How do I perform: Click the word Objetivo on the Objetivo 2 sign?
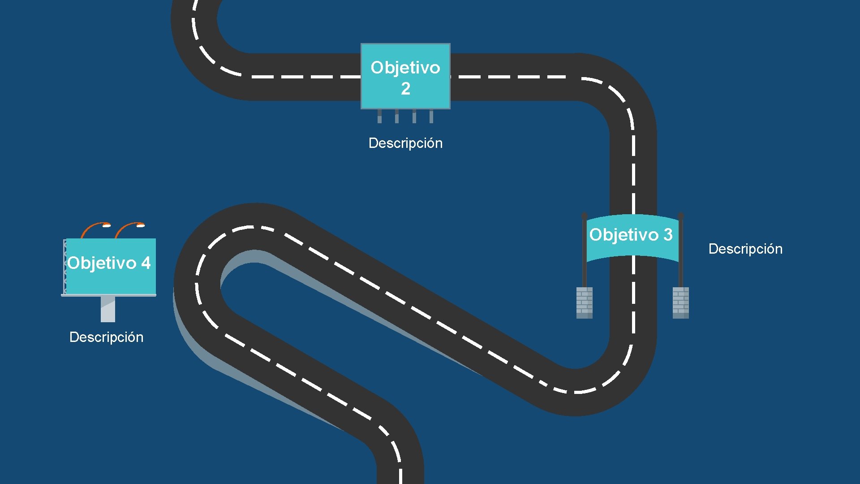coord(405,68)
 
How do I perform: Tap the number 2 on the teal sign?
coord(405,89)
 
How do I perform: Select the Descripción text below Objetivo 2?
coord(405,143)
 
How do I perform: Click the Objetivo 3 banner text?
coord(631,235)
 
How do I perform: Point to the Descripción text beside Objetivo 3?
coord(745,249)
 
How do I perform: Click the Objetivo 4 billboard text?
coord(109,263)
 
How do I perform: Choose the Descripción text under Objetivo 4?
coord(107,337)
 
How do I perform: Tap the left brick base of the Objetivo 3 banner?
coord(584,302)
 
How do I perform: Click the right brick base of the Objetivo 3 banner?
coord(680,302)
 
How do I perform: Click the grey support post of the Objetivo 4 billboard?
coord(108,309)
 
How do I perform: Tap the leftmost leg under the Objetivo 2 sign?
coord(379,116)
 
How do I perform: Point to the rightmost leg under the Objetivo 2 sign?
coord(431,116)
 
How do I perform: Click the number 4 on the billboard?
coord(146,263)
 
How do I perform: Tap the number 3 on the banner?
coord(668,235)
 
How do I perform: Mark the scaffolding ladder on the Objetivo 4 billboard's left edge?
coord(65,267)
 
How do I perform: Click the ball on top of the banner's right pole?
coord(680,216)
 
